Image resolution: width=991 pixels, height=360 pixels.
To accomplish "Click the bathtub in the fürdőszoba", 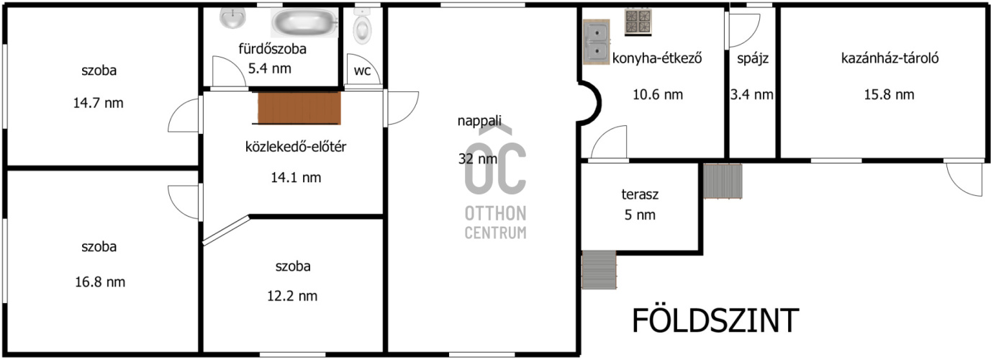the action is coord(304,22).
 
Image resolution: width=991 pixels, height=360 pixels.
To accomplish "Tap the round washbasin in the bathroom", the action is coord(232,18).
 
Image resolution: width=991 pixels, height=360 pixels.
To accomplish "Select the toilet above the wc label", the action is coord(362,26).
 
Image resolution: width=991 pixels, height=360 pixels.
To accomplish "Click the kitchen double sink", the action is coord(597,42).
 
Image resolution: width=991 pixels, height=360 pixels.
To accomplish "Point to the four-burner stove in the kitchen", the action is coord(638,22).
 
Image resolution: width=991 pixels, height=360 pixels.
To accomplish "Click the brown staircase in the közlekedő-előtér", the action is coord(299,108).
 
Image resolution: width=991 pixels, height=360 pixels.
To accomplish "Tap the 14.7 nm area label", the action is coord(98,103).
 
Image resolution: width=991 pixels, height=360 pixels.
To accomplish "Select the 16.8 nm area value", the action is coord(100,282).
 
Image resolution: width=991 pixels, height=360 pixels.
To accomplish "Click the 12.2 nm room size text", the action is coord(292,296).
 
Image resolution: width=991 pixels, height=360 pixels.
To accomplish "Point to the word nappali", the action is coord(479,121).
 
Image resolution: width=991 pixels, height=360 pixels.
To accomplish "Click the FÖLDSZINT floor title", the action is coord(715,320).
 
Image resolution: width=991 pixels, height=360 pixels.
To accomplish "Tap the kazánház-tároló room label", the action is coord(890,58).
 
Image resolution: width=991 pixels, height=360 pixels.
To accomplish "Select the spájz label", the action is coord(753,59).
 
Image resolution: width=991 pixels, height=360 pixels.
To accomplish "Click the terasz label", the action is coord(640,194).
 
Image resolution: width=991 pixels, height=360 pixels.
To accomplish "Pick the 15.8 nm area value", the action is coord(890,95).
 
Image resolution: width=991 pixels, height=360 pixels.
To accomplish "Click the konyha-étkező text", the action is coord(657,58).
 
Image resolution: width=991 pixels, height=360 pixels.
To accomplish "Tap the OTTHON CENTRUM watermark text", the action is coord(495,222).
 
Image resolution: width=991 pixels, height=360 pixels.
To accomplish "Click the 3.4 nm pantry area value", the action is coord(751,95).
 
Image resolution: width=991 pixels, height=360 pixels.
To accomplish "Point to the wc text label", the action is coord(362,71).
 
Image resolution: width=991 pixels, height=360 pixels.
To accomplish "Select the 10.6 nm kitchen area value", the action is coord(658,95).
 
